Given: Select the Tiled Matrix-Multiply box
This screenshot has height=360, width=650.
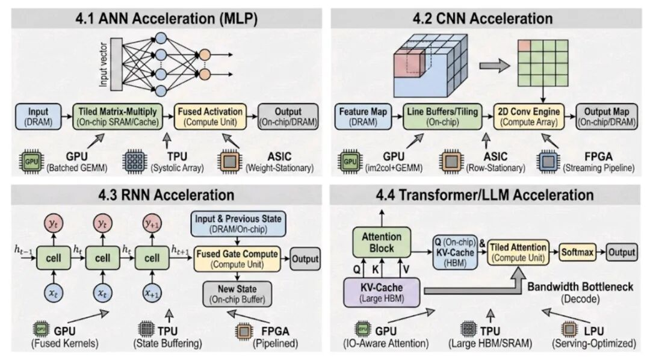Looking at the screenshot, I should (116, 116).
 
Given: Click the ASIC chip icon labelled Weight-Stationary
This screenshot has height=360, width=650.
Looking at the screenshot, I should (229, 163).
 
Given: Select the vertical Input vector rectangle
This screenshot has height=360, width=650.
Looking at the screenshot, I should (116, 63).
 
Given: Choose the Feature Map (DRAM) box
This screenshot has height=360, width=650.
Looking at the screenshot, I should (362, 116).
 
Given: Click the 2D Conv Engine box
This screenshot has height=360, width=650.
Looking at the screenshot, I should (528, 116).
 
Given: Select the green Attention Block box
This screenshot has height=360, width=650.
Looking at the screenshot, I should (377, 243).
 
